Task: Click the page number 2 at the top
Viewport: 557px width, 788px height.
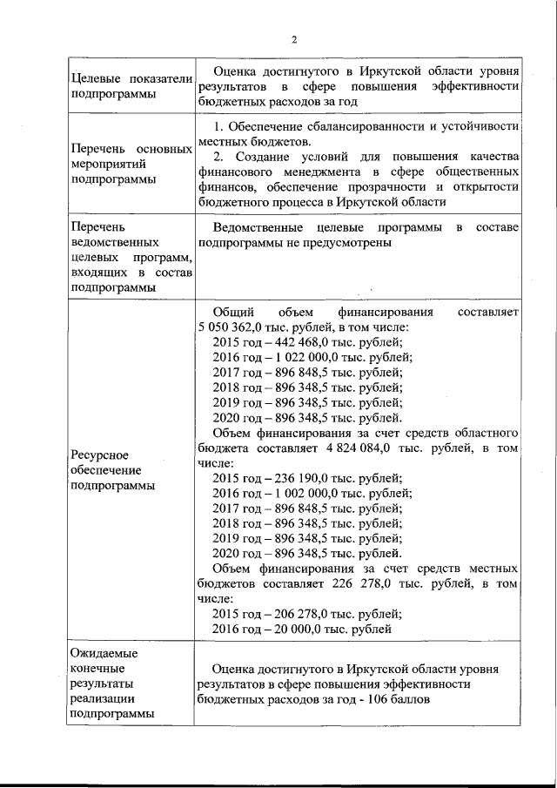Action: click(x=294, y=39)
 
